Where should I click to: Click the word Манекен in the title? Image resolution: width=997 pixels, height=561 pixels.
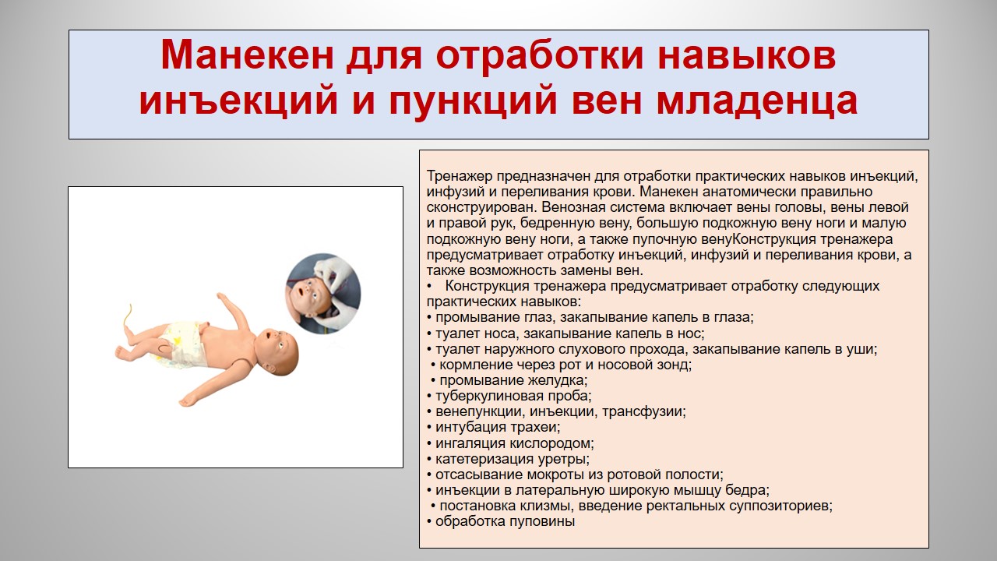pyautogui.click(x=247, y=55)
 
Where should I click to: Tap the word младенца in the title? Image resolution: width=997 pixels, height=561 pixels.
pyautogui.click(x=757, y=101)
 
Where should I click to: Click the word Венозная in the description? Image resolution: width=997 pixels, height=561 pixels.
pyautogui.click(x=572, y=207)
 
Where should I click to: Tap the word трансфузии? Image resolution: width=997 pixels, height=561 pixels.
pyautogui.click(x=643, y=411)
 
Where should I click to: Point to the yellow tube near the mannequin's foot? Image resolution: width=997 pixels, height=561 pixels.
pyautogui.click(x=127, y=316)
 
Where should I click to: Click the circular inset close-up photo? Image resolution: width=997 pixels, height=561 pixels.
pyautogui.click(x=323, y=294)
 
